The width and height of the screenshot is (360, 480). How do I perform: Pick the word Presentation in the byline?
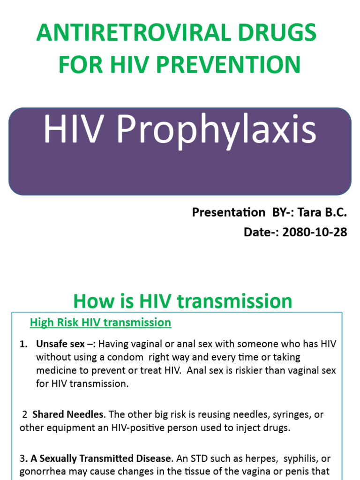coord(228,212)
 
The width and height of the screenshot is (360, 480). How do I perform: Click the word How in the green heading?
coord(93,301)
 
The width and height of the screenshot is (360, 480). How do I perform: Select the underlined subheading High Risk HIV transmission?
coord(100,322)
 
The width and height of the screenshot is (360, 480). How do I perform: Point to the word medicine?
coord(57,370)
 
